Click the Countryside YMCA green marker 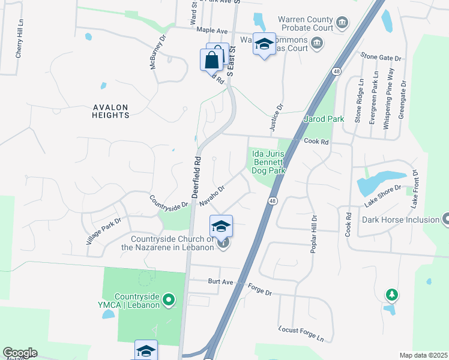169,299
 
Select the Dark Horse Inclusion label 400,220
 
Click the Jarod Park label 324,119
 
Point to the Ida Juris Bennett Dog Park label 267,162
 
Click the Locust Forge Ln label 305,334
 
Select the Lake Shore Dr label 386,200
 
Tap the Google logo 20,353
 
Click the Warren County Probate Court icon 342,23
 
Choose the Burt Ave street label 220,281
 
